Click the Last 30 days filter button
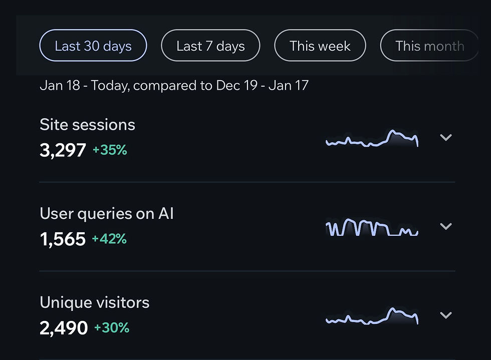coord(93,46)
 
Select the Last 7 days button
coord(210,46)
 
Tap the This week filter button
coord(320,46)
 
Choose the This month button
coord(429,46)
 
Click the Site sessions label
coord(87,125)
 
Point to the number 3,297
coord(63,150)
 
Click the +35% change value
coord(110,150)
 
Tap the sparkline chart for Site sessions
coord(372,139)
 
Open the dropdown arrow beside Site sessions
coord(445,138)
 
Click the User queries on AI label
coord(107,214)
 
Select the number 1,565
coord(63,239)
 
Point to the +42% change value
coord(109,239)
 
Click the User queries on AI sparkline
coord(372,228)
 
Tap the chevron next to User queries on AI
coord(445,226)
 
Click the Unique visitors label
coord(94,302)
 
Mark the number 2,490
coord(64,328)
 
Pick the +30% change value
coord(112,328)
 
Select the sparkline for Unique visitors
coord(372,316)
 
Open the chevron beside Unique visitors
coord(445,315)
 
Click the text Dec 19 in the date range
coord(237,86)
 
